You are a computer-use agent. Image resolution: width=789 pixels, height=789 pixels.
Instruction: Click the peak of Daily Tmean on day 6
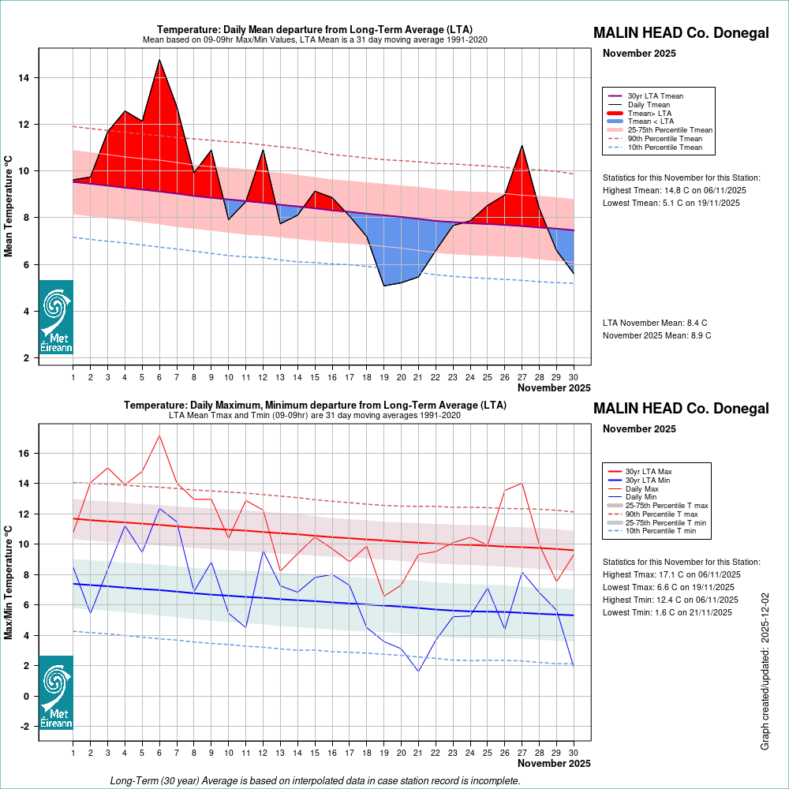pos(159,59)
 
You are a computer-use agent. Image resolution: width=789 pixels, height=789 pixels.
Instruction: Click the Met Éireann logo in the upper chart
pos(56,316)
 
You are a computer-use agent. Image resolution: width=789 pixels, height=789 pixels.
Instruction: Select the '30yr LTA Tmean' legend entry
pos(655,96)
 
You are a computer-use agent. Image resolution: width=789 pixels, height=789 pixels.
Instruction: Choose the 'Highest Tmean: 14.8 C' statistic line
pos(674,190)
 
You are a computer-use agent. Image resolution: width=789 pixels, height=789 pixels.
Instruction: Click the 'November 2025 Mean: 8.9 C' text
pos(656,335)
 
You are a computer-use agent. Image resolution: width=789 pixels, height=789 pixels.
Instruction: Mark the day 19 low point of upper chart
pos(384,286)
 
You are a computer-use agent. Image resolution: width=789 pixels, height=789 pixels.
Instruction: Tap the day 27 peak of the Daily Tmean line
pos(522,145)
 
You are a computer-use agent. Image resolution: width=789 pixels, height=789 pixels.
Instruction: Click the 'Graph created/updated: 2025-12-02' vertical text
pos(765,671)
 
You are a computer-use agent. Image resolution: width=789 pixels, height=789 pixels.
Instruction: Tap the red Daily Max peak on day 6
pos(159,436)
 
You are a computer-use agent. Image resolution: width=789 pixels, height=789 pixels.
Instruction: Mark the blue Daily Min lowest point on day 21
pos(418,671)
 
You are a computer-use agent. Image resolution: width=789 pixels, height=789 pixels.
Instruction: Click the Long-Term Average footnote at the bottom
pos(316,780)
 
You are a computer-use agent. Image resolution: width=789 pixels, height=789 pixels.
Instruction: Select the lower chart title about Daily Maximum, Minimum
pos(315,405)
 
